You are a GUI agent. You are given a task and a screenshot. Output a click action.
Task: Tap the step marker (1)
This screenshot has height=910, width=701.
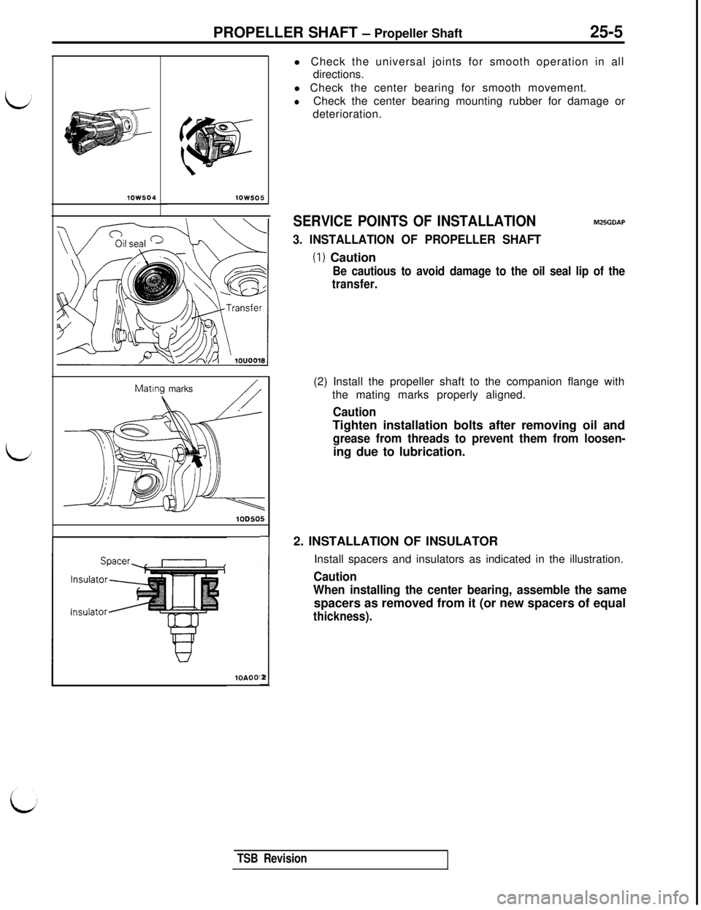[319, 257]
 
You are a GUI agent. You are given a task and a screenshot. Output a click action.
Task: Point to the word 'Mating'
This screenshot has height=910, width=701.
[152, 388]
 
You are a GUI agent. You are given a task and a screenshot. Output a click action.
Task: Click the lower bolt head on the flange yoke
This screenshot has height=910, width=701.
[169, 503]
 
